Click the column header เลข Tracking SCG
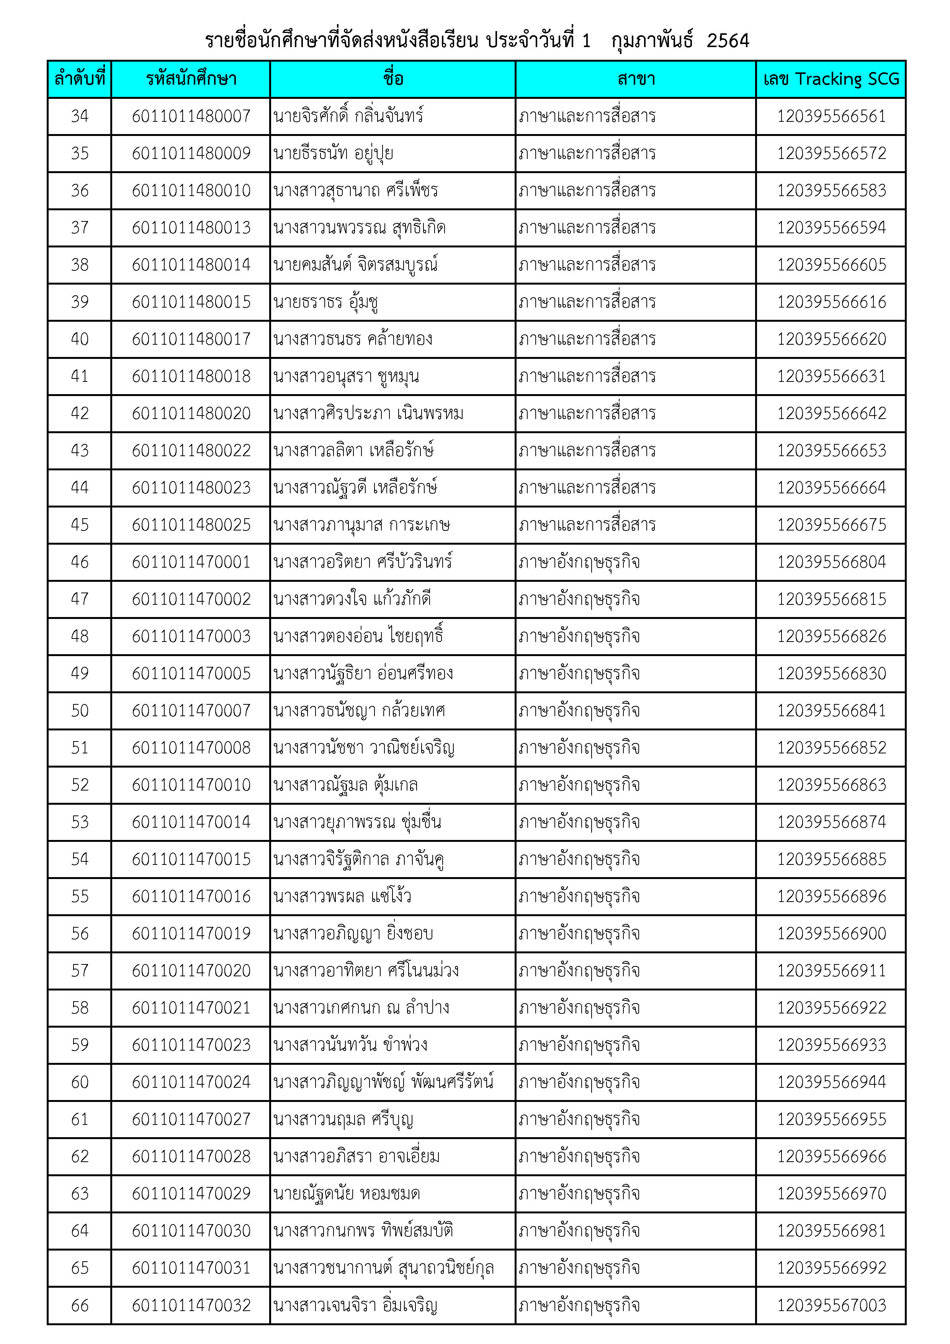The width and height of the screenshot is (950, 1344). tap(831, 79)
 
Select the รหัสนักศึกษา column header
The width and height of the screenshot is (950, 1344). tap(191, 79)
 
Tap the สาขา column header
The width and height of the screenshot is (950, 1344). tap(636, 79)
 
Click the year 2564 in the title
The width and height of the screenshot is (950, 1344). tap(728, 40)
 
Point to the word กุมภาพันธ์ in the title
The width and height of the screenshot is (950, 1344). tap(651, 40)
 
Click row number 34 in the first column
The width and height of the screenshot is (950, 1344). tap(80, 116)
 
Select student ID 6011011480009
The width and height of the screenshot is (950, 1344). tap(191, 153)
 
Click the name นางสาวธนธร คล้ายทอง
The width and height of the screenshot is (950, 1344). tap(353, 339)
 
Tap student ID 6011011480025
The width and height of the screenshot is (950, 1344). tap(191, 524)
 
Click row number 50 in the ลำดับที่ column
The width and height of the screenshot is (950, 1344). tap(80, 710)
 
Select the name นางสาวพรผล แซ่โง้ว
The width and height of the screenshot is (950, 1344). tap(342, 896)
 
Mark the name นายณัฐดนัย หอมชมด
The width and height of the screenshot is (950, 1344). tap(347, 1193)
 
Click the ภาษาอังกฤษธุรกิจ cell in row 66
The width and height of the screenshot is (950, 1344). tap(579, 1305)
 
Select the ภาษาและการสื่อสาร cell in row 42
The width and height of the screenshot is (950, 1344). tap(587, 413)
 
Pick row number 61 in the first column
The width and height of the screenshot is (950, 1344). tap(80, 1119)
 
